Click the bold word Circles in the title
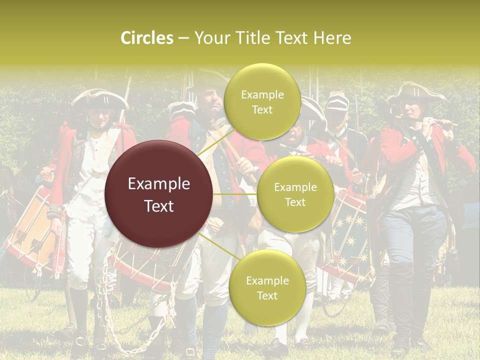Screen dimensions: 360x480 (x=146, y=38)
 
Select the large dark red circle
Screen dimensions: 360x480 (x=159, y=194)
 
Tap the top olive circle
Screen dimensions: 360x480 (x=262, y=101)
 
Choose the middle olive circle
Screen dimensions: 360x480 (x=295, y=194)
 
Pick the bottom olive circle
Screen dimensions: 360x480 (x=267, y=287)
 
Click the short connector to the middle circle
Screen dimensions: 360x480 (x=235, y=194)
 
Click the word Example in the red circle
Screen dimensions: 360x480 (x=159, y=184)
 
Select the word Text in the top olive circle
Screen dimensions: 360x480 (x=262, y=110)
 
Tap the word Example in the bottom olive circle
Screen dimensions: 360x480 (x=267, y=281)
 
